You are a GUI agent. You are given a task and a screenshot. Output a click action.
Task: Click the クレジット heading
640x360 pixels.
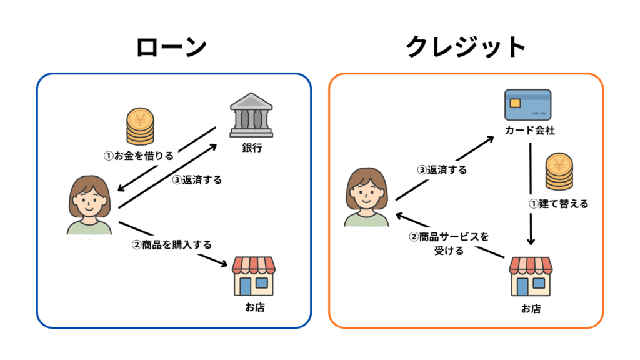(x=466, y=47)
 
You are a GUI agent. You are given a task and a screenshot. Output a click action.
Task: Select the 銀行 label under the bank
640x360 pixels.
(x=251, y=147)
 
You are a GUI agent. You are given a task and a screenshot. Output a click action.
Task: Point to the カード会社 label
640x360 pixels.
(x=529, y=131)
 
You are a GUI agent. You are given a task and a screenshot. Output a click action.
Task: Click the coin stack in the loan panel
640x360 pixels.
(x=139, y=127)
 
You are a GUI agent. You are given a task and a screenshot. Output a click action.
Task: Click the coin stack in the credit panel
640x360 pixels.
(x=557, y=173)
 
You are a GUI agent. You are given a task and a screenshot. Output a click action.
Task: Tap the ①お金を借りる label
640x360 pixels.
(x=138, y=155)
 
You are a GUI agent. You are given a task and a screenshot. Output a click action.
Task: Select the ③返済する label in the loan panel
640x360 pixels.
(x=197, y=179)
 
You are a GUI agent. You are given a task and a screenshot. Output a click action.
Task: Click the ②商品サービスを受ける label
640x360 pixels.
(x=448, y=244)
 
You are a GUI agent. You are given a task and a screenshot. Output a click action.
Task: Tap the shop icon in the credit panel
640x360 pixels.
(x=531, y=276)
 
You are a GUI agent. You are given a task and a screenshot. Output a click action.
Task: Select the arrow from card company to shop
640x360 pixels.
(x=531, y=194)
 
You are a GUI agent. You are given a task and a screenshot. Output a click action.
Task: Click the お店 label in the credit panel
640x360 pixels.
(x=531, y=308)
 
